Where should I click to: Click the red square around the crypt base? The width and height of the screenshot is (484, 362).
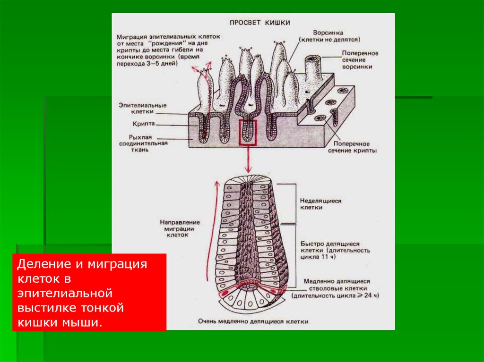tap(248, 132)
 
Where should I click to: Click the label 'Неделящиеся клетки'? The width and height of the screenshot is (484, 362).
tap(320, 204)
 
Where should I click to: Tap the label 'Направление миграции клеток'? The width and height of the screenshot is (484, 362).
tap(180, 227)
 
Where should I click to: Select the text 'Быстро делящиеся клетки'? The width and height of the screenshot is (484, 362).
tap(330, 243)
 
